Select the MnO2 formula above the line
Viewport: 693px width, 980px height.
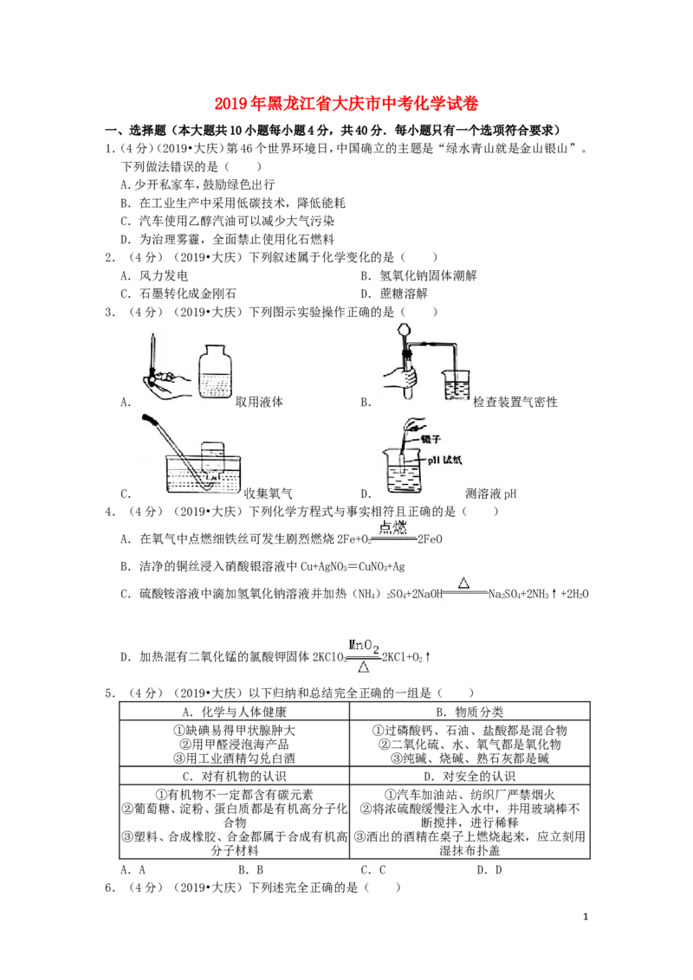click(x=364, y=645)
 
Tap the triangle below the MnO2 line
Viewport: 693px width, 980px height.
click(x=364, y=667)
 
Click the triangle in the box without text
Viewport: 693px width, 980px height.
click(x=463, y=583)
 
